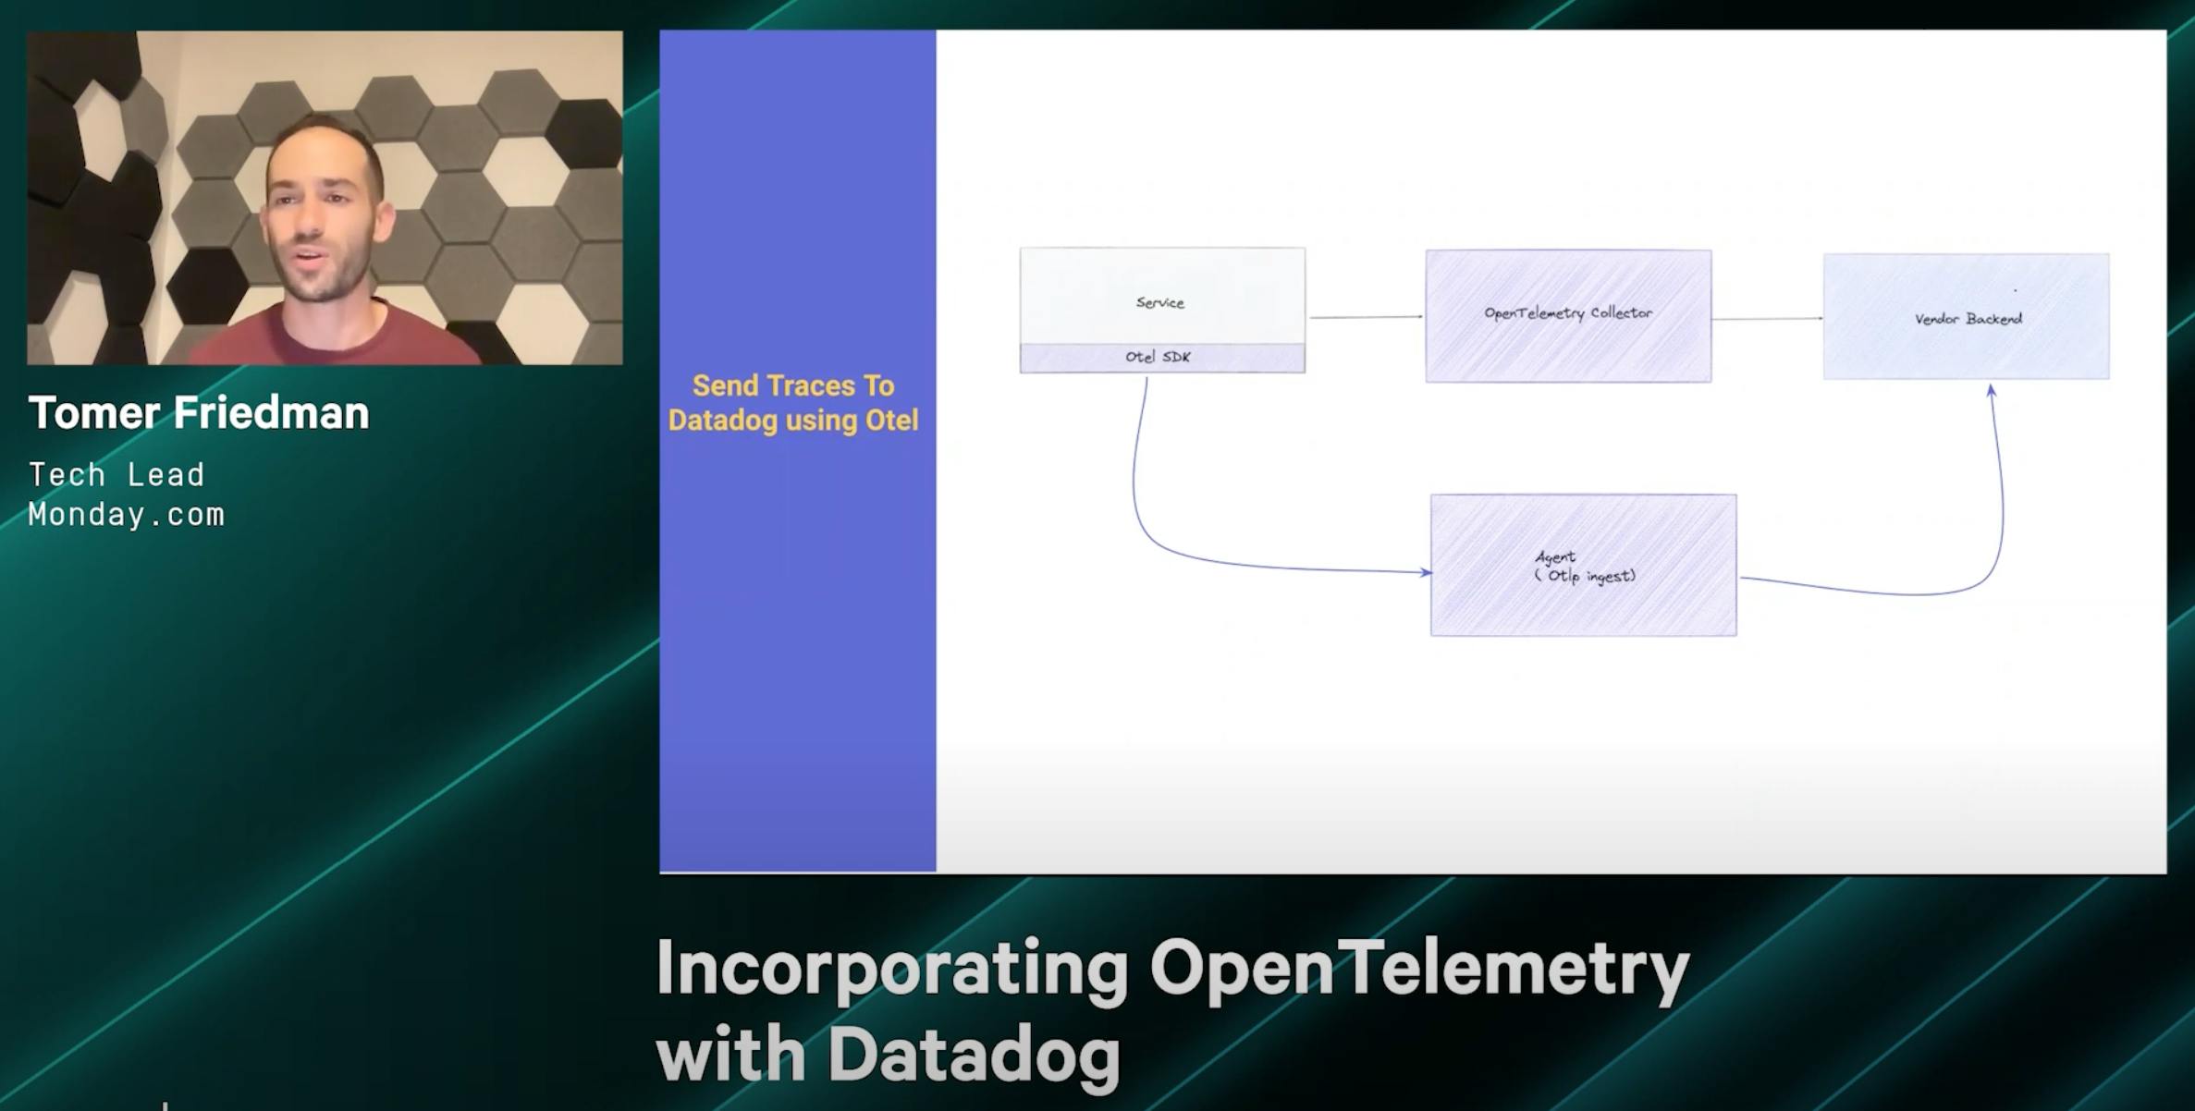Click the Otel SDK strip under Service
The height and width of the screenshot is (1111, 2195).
pyautogui.click(x=1161, y=358)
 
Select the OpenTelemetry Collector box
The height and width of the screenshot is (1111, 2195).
pyautogui.click(x=1567, y=315)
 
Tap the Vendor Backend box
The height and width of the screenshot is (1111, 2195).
pyautogui.click(x=1966, y=317)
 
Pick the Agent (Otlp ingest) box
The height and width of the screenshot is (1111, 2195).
pyautogui.click(x=1583, y=566)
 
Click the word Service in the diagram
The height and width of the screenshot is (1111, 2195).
pyautogui.click(x=1159, y=302)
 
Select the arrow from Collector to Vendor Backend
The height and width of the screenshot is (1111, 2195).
pyautogui.click(x=1766, y=319)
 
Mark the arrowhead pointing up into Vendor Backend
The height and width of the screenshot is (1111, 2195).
pyautogui.click(x=1991, y=392)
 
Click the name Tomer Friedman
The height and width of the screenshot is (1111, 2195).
pyautogui.click(x=199, y=413)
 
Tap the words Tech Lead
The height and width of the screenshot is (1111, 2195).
pyautogui.click(x=116, y=475)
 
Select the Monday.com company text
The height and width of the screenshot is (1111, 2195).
pyautogui.click(x=127, y=515)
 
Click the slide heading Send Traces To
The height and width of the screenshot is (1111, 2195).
pyautogui.click(x=793, y=385)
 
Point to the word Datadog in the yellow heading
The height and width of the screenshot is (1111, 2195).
pyautogui.click(x=722, y=421)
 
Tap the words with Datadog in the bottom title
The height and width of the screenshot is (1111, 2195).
pyautogui.click(x=888, y=1055)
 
